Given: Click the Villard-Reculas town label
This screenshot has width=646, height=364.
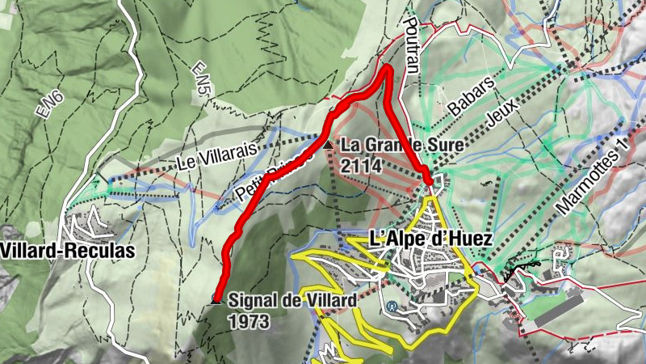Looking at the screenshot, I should point(68,251).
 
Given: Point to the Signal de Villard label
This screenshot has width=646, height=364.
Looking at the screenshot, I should point(292,301).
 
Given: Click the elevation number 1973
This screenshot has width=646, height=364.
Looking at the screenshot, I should point(248,320).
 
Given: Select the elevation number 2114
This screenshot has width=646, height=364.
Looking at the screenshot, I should point(361,165).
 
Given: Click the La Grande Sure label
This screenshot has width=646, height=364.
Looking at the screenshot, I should point(402,146).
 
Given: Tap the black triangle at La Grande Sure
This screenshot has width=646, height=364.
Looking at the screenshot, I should point(328,146).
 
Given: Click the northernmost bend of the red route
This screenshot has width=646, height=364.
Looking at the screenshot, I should point(388,70).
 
